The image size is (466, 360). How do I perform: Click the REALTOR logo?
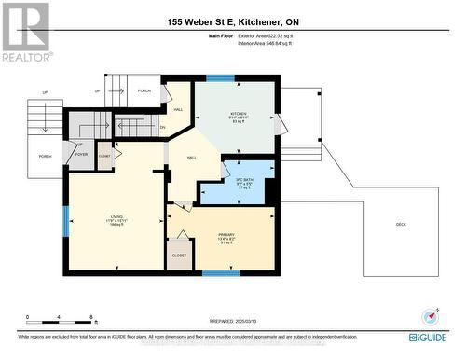pyautogui.click(x=25, y=32)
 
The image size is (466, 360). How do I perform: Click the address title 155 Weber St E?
pyautogui.click(x=233, y=21)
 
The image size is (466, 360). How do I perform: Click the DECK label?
pyautogui.click(x=401, y=224)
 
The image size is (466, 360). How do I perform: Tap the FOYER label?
pyautogui.click(x=82, y=155)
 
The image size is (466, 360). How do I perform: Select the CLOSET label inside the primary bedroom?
pyautogui.click(x=179, y=255)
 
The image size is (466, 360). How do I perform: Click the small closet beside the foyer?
pyautogui.click(x=104, y=156)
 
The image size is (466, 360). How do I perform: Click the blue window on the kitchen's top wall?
pyautogui.click(x=220, y=78)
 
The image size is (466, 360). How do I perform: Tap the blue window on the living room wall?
pyautogui.click(x=65, y=221)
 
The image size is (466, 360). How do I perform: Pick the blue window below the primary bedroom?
pyautogui.click(x=216, y=273)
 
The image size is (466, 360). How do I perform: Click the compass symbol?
pyautogui.click(x=429, y=316)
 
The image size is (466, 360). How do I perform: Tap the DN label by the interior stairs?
pyautogui.click(x=162, y=128)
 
